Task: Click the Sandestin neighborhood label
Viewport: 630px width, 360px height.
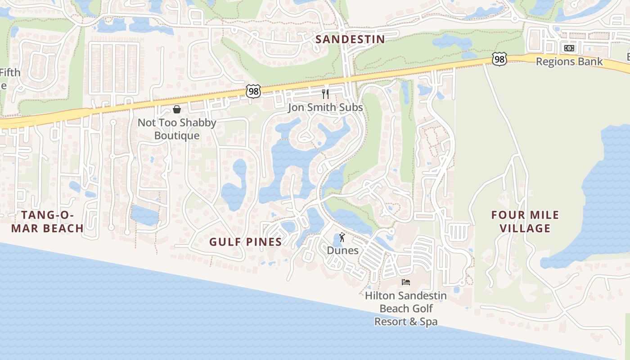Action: pyautogui.click(x=350, y=39)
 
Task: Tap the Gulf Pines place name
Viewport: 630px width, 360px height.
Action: pyautogui.click(x=246, y=242)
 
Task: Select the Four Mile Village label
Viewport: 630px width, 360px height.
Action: pyautogui.click(x=525, y=221)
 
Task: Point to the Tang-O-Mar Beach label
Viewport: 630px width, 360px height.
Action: pyautogui.click(x=47, y=221)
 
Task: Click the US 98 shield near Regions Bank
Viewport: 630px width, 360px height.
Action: pyautogui.click(x=499, y=59)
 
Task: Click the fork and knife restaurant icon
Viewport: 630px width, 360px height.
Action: pyautogui.click(x=325, y=94)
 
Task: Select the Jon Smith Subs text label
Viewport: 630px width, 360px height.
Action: pyautogui.click(x=325, y=107)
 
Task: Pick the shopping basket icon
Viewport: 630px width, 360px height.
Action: pyautogui.click(x=177, y=109)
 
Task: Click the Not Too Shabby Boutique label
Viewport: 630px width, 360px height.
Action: pyautogui.click(x=177, y=129)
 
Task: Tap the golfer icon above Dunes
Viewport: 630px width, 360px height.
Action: pyautogui.click(x=342, y=237)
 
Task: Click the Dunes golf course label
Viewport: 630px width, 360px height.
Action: pyautogui.click(x=342, y=250)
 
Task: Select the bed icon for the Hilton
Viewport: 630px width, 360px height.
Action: pyautogui.click(x=405, y=282)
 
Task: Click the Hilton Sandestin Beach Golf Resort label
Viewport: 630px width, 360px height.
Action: pyautogui.click(x=405, y=308)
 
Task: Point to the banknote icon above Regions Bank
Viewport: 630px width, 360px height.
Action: pyautogui.click(x=569, y=48)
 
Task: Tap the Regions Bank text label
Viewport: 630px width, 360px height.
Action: pyautogui.click(x=569, y=62)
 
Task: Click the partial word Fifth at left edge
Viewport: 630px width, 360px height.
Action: pyautogui.click(x=10, y=72)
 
